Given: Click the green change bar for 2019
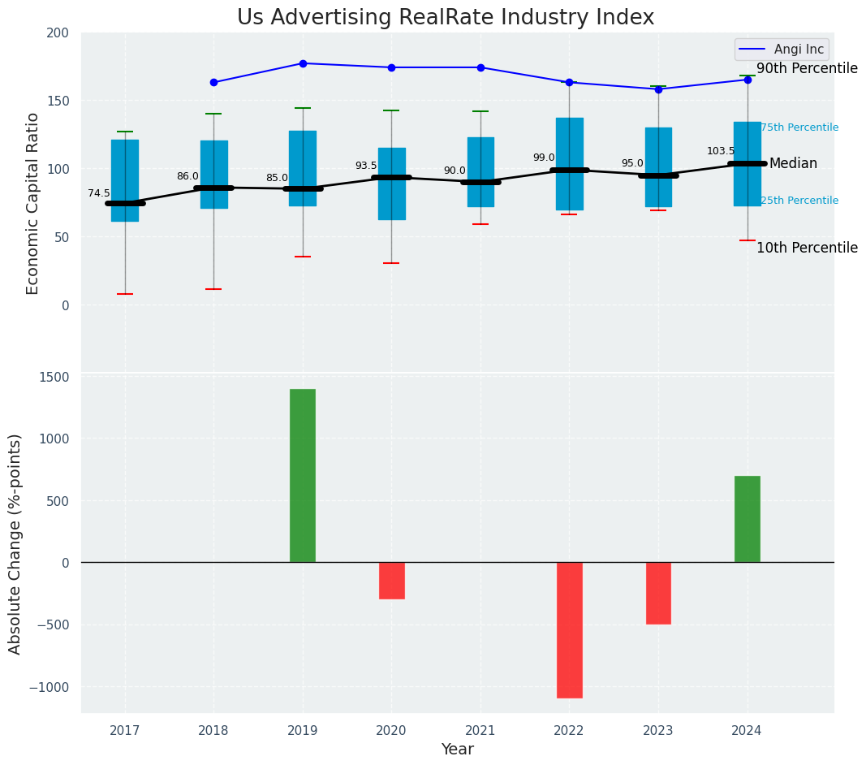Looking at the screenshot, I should [x=303, y=476].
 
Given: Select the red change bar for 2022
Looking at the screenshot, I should [x=569, y=629].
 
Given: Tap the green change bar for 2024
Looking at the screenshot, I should [x=747, y=519].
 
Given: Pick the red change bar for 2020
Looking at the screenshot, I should [x=391, y=581].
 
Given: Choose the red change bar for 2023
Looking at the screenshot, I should [x=658, y=593].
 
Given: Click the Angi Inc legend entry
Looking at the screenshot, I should [x=782, y=50].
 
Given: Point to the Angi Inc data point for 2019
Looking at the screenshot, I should [x=303, y=63].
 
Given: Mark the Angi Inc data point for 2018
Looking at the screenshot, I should [x=213, y=82].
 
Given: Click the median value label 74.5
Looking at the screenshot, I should [x=99, y=193].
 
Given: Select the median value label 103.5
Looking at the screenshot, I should [x=721, y=151].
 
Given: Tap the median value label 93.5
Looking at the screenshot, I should [x=366, y=166].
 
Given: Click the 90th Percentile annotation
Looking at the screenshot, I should [x=807, y=69].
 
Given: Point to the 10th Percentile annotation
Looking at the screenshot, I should [x=807, y=249].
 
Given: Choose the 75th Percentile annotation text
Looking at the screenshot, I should [x=799, y=127].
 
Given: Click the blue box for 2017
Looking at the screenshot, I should [x=125, y=180].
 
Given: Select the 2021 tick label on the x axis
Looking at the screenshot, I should [x=480, y=731].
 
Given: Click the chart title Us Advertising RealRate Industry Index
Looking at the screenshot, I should [x=446, y=18].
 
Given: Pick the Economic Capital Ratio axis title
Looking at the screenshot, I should [x=33, y=203].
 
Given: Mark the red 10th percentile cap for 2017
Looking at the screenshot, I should [x=125, y=294].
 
